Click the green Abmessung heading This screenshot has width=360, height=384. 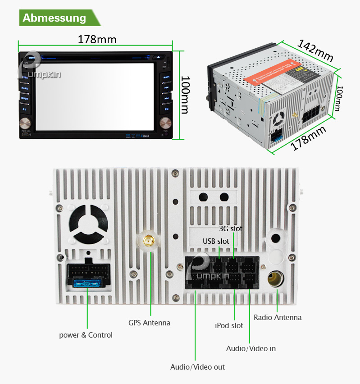(55, 18)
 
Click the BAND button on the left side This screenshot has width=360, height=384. (25, 88)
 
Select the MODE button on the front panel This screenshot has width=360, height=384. (25, 98)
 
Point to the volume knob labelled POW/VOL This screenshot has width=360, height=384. (25, 123)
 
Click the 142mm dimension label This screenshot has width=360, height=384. (315, 50)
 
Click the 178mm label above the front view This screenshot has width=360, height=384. (97, 40)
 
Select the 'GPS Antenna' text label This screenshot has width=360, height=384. (149, 323)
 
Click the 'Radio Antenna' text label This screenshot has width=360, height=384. (278, 317)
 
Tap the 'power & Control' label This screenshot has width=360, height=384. (86, 335)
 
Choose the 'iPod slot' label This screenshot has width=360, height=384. (229, 325)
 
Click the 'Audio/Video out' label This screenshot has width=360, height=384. (197, 367)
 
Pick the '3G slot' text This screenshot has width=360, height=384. (231, 229)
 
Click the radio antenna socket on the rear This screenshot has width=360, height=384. (275, 278)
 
